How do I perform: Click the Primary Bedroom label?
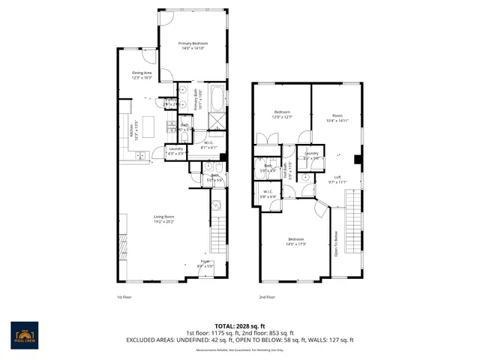pos(193,46)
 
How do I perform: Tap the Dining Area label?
pos(142,75)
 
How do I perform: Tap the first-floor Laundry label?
pos(176,151)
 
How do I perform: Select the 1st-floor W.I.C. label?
pos(209,145)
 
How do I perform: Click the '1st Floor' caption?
pos(124,297)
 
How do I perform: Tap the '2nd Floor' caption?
pos(267,297)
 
